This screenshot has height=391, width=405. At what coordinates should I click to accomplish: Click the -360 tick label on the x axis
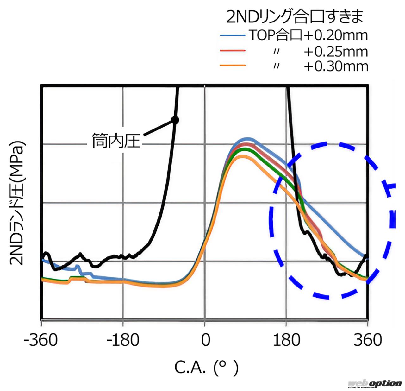pyautogui.click(x=41, y=340)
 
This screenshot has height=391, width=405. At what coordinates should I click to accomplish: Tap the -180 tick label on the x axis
pyautogui.click(x=123, y=340)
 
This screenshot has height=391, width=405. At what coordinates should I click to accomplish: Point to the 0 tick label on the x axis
pyautogui.click(x=205, y=340)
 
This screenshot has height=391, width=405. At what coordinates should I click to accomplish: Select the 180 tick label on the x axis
pyautogui.click(x=286, y=340)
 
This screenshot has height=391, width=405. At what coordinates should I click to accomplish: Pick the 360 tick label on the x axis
pyautogui.click(x=368, y=340)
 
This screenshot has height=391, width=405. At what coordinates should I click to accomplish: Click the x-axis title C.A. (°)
pyautogui.click(x=206, y=367)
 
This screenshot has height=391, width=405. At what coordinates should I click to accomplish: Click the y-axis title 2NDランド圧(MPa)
pyautogui.click(x=16, y=203)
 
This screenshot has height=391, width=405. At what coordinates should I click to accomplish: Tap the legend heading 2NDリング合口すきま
pyautogui.click(x=295, y=17)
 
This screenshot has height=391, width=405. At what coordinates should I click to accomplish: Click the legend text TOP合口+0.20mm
pyautogui.click(x=308, y=35)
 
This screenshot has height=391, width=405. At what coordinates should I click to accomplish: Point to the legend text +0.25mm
pyautogui.click(x=336, y=51)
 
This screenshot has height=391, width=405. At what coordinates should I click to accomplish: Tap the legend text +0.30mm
pyautogui.click(x=336, y=66)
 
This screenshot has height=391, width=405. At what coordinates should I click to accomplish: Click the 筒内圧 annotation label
pyautogui.click(x=116, y=141)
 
